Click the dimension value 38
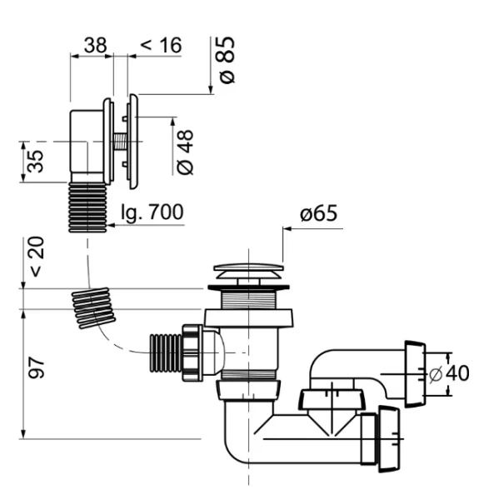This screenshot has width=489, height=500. (95, 45)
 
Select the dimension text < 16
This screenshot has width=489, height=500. (161, 45)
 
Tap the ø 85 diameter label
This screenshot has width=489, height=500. (227, 60)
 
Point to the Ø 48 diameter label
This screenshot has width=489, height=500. (185, 152)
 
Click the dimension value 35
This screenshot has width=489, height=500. (35, 162)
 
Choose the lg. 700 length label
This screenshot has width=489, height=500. (152, 212)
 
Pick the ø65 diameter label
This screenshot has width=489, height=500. (318, 213)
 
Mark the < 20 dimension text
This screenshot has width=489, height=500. (37, 257)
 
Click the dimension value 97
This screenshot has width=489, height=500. (36, 367)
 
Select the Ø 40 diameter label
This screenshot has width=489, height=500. (449, 373)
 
